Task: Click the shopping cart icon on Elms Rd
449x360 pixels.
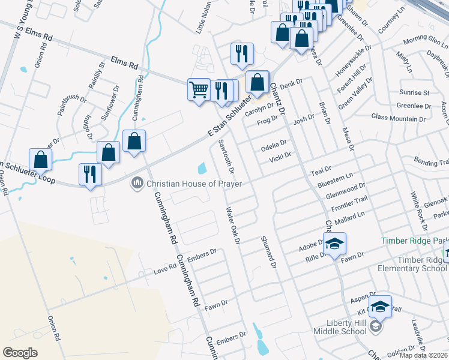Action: tap(199, 90)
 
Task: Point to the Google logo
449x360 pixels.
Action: tap(20, 352)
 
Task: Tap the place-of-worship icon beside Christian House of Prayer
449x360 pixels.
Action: tap(137, 182)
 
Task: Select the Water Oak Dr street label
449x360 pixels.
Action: tap(232, 226)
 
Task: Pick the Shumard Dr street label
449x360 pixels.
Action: tap(268, 251)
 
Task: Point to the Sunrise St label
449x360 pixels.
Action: tap(414, 93)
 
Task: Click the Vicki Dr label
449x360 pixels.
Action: tap(280, 158)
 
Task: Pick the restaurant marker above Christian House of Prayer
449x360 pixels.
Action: tap(90, 175)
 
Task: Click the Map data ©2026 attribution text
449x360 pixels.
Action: tap(423, 355)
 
